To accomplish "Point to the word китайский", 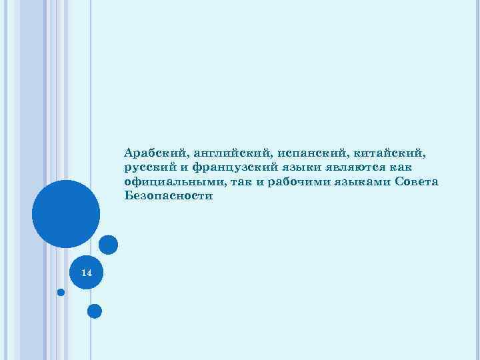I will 391,153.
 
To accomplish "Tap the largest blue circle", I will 66,214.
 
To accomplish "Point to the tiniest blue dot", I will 61,292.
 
